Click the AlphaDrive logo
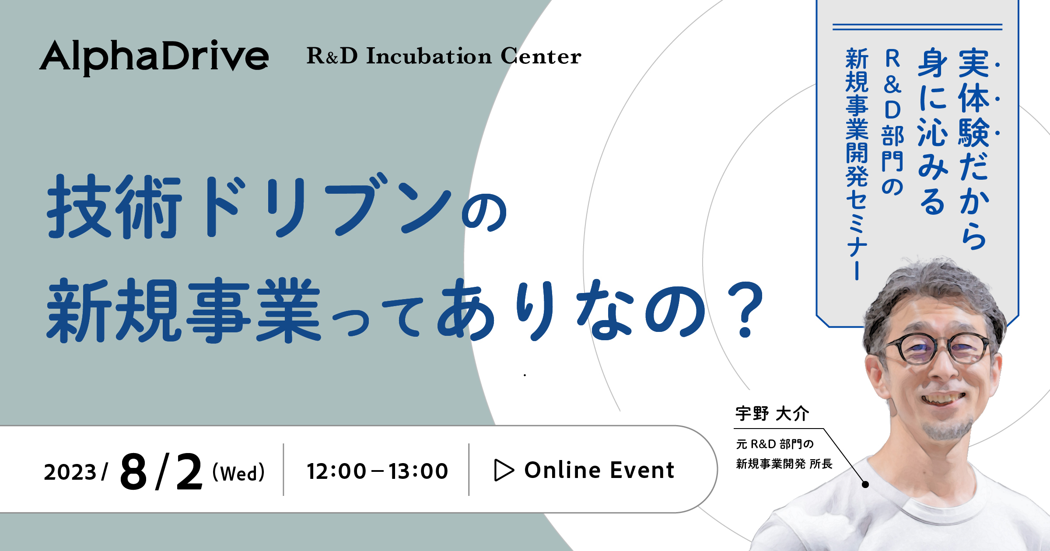tap(154, 57)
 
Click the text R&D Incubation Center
tap(444, 56)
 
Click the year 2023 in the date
tap(70, 472)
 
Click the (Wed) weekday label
tap(239, 473)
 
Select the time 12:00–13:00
tap(377, 471)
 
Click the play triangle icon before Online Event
tap(504, 470)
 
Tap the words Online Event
tap(599, 470)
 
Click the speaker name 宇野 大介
tap(772, 413)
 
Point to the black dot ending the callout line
tap(865, 484)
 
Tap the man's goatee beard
tap(947, 426)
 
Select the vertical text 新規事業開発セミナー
tap(857, 164)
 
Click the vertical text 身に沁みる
tap(933, 131)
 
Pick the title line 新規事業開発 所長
tap(784, 464)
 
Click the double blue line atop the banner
tap(917, 27)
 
